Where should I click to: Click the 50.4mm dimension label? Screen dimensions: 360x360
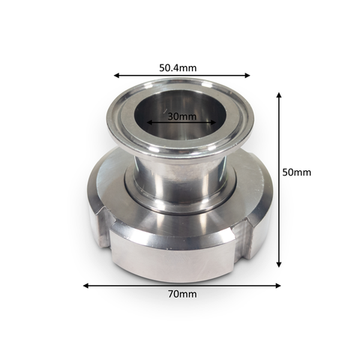coord(178,67)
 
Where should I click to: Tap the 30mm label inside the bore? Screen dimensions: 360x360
coord(181,116)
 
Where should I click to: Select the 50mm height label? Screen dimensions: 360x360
coord(297,172)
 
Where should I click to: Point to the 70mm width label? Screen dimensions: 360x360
coord(182,294)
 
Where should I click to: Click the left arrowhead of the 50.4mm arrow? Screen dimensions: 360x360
coord(116,75)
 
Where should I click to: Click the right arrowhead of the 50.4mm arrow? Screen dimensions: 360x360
coord(247,75)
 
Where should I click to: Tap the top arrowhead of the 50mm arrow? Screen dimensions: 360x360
coord(279,94)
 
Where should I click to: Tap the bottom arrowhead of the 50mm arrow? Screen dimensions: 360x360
coord(279,264)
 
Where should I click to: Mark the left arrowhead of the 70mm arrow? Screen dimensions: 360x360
coord(85,286)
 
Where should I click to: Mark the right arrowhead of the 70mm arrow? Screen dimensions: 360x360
coord(277,286)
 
